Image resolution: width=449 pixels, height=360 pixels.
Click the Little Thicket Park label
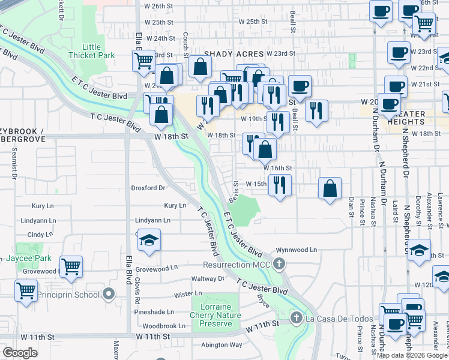(92, 51)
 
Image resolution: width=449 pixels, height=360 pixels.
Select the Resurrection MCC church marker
(279, 264)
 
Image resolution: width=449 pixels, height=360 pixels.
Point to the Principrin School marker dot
(108, 295)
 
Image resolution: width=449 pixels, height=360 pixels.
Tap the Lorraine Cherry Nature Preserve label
(215, 316)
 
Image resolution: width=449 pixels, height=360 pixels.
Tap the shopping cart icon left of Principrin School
(26, 291)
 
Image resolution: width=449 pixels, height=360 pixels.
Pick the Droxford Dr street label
(148, 188)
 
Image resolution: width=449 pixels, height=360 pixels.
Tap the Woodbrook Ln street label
(155, 326)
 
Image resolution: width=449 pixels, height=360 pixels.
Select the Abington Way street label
(222, 345)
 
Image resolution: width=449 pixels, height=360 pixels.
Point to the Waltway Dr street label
(208, 279)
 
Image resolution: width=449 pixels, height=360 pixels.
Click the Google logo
(20, 353)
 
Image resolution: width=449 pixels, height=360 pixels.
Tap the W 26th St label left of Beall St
(159, 6)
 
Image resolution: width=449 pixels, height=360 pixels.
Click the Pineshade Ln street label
(154, 312)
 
